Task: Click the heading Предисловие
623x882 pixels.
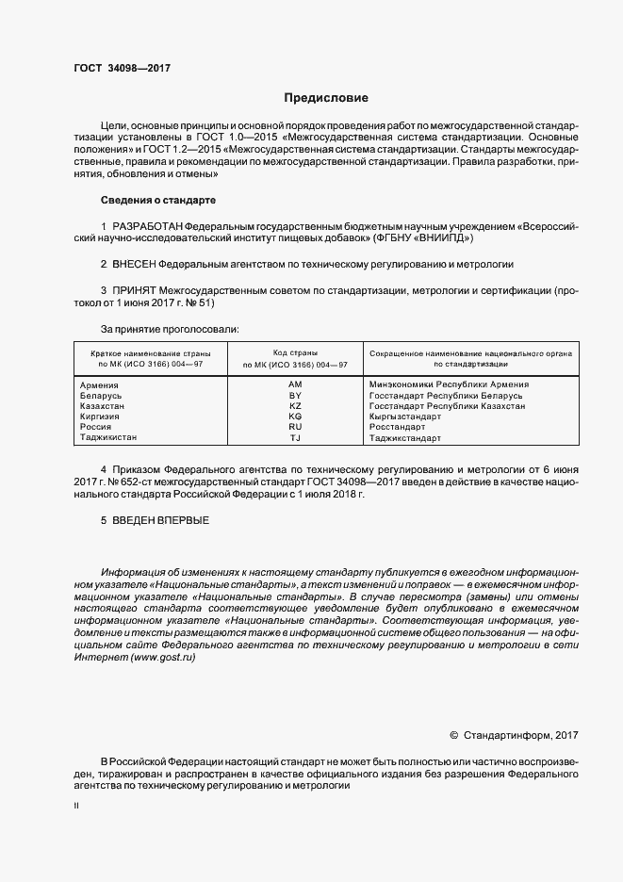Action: click(x=326, y=97)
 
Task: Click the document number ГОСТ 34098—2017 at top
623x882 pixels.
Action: click(x=123, y=67)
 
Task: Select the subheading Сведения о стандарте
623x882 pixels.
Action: click(x=158, y=201)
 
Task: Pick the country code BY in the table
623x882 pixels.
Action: click(x=295, y=395)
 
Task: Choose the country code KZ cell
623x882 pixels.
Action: click(x=295, y=405)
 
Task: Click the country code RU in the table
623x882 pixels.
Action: click(x=295, y=427)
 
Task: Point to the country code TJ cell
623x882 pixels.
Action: click(x=295, y=438)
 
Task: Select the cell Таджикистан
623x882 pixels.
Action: click(x=109, y=438)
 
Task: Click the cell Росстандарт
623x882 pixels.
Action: click(x=399, y=427)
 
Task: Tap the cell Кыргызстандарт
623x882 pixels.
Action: click(x=405, y=416)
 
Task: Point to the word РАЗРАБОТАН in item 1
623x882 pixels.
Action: click(x=147, y=227)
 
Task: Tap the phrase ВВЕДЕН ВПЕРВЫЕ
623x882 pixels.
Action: click(x=160, y=520)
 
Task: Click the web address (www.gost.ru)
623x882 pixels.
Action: click(x=163, y=656)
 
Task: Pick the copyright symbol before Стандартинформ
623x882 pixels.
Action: click(x=454, y=734)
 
